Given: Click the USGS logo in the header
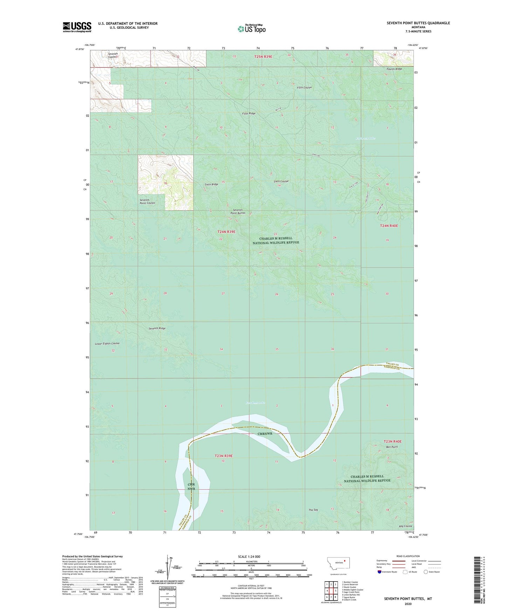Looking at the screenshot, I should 77,27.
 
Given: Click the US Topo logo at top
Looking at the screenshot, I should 251,29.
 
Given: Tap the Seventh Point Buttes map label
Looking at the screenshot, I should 238,211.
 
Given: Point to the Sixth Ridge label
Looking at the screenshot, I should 212,184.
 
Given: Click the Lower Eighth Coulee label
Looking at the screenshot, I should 107,344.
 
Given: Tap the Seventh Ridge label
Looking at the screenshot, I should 157,328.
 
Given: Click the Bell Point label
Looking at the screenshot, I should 392,447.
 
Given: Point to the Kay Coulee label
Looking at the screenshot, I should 406,526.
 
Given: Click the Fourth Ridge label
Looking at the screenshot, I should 394,69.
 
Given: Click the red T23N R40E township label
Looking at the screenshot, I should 393,442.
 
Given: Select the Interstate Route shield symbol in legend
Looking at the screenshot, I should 380,572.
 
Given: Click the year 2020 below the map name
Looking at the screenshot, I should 408,604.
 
